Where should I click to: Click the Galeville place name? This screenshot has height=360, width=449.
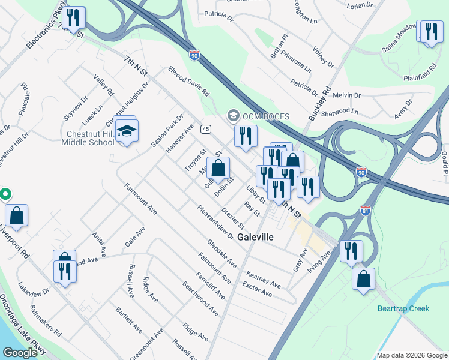pos(255,237)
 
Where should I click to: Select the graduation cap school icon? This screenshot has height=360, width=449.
pos(127,131)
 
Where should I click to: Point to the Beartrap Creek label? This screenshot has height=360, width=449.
pos(403,308)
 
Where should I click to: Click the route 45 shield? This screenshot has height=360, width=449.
pos(206,129)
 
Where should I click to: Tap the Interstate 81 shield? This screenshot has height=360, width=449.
pos(366,211)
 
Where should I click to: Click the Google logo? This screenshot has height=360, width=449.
pos(20,353)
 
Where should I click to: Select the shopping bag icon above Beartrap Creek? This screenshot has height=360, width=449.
pos(363,280)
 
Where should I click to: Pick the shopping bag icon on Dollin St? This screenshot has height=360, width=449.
pos(218,169)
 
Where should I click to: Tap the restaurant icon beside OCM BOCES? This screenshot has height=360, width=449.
pos(245,137)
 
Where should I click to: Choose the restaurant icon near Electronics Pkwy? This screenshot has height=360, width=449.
pos(73,18)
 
